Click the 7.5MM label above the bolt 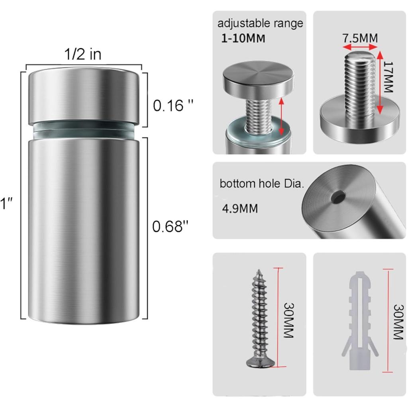click(360, 38)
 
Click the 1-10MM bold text click(243, 39)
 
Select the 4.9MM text click(239, 208)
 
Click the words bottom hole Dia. click(262, 184)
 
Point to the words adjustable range click(260, 23)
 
